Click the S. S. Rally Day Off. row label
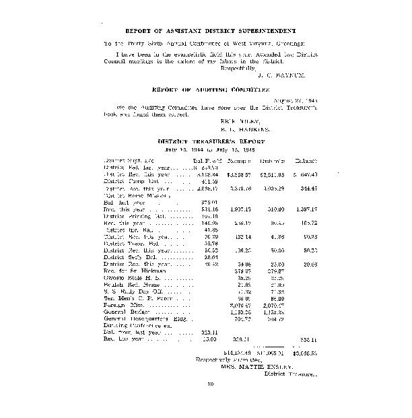tap(133, 291)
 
